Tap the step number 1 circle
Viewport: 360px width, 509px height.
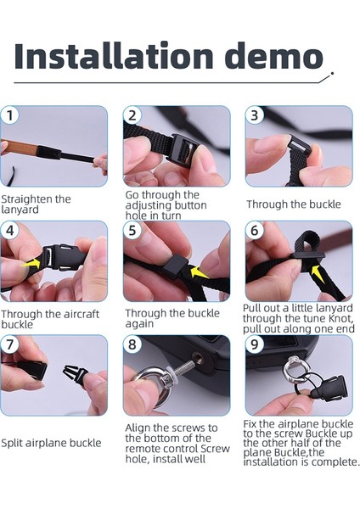coord(9,115)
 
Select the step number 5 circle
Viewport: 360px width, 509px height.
coord(132,230)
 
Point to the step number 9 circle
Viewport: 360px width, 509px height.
coord(255,344)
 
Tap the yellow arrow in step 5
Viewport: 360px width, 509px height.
coord(199,272)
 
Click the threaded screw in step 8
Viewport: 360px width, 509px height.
coord(182,368)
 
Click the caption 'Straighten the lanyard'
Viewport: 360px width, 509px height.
coord(36,204)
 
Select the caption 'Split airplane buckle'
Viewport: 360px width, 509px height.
coord(51,443)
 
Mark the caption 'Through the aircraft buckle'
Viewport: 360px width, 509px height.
coord(50,319)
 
